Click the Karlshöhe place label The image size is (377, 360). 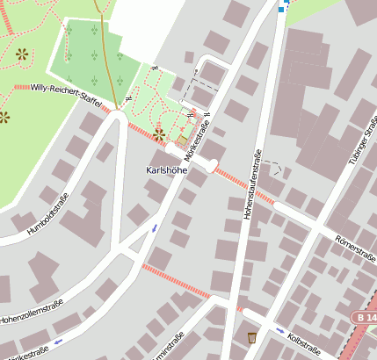point(166,169)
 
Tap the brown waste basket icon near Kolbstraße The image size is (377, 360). point(252,337)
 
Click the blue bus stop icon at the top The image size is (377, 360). point(281,8)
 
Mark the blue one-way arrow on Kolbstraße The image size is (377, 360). point(280,331)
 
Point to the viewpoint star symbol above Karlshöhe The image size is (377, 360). point(159,134)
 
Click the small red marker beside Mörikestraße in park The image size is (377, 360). point(192,112)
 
